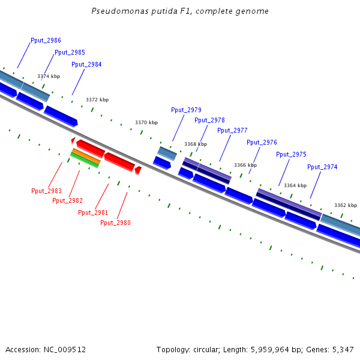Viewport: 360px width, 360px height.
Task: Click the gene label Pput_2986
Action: (x=46, y=40)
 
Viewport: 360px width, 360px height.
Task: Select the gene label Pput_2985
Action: (x=70, y=52)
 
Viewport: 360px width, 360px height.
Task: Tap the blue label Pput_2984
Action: (x=86, y=64)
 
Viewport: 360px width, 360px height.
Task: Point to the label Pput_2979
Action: (x=186, y=110)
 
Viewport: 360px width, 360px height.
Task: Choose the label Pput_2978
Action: (x=209, y=120)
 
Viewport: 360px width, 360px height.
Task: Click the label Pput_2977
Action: (x=232, y=130)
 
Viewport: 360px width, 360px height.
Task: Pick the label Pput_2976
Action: (x=262, y=142)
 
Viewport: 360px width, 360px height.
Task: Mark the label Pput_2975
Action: (x=291, y=154)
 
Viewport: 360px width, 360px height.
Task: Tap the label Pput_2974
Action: (x=322, y=167)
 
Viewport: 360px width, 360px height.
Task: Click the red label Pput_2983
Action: (x=46, y=191)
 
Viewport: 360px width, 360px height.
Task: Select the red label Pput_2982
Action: (x=67, y=200)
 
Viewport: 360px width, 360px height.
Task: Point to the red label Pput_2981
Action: (x=93, y=212)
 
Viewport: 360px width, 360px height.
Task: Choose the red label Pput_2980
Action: (x=115, y=223)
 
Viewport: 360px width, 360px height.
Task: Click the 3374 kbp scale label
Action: (x=49, y=76)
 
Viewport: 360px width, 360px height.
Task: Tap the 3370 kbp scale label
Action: (x=146, y=122)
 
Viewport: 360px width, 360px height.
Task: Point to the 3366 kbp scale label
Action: (x=245, y=165)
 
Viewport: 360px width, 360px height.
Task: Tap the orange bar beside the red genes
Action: (x=86, y=156)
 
